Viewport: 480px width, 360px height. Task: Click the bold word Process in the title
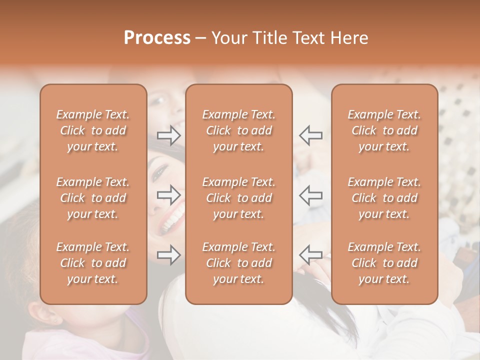[x=157, y=38]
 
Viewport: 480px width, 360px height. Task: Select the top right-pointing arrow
[x=169, y=135]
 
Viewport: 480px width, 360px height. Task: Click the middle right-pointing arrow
[x=169, y=195]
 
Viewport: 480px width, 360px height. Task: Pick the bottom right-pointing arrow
[x=169, y=255]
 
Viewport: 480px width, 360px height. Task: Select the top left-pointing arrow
[x=310, y=135]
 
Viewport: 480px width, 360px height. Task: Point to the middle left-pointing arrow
[x=310, y=195]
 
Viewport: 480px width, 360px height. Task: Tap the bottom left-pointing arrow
[x=310, y=255]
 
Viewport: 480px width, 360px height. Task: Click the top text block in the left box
[x=93, y=130]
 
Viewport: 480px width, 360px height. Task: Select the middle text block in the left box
[x=93, y=198]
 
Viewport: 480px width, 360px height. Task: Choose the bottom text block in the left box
[x=93, y=263]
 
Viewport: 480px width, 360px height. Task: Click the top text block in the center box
[x=238, y=130]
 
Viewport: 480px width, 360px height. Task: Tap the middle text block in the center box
[x=238, y=198]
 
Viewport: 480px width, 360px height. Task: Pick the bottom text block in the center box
[x=238, y=263]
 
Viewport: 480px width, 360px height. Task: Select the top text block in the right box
[x=384, y=130]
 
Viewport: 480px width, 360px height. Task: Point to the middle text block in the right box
[x=384, y=198]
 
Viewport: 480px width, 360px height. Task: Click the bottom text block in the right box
[x=384, y=263]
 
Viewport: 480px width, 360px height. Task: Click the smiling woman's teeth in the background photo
[x=173, y=220]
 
